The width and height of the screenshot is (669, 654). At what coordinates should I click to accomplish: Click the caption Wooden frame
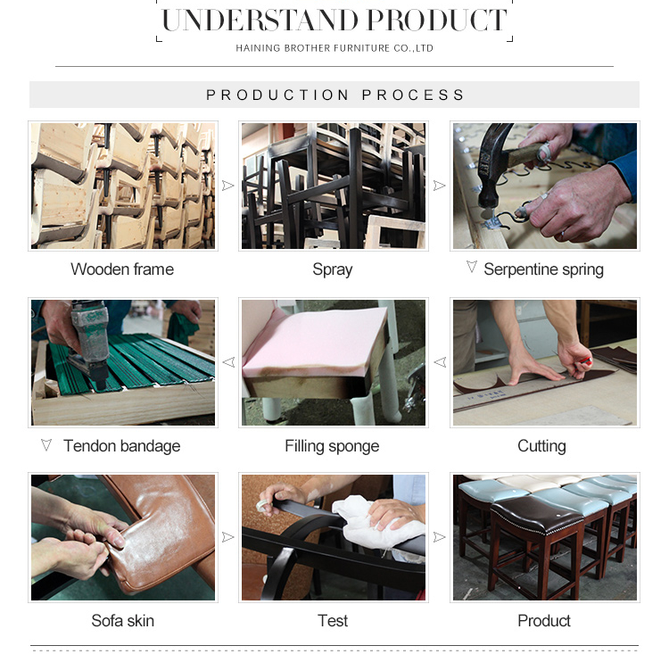122,269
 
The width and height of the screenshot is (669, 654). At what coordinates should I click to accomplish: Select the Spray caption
333,269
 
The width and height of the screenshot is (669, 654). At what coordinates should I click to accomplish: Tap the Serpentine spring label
543,269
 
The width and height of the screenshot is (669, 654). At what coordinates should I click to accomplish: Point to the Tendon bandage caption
122,446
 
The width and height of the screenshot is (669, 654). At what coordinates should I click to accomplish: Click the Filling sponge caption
332,446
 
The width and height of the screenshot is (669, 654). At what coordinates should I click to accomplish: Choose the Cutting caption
541,446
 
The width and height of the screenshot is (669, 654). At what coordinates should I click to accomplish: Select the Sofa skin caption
122,621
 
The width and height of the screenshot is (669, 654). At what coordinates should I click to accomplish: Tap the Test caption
333,621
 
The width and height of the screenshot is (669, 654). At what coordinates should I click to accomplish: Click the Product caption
544,621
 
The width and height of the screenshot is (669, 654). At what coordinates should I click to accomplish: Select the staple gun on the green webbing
89,342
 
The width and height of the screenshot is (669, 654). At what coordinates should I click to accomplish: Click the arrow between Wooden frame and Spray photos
228,186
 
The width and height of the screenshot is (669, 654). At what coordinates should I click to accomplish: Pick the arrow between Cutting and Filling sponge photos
440,362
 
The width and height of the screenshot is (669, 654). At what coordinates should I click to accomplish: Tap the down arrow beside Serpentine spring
472,267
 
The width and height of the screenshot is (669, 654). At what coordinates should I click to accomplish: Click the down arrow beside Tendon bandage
46,445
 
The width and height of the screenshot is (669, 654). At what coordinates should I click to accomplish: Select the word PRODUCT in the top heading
437,20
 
